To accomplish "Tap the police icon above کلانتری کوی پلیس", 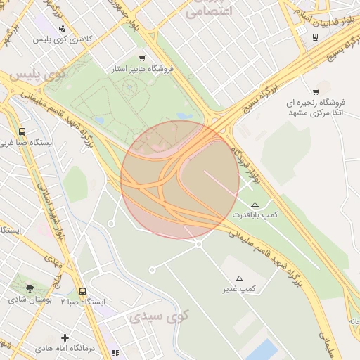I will tap(64, 29).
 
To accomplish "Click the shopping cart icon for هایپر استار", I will tap(143, 58).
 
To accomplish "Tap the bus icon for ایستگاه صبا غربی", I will tap(22, 131).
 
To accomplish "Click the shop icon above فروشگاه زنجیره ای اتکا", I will tap(316, 91).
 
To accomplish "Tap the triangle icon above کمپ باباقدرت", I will tap(255, 204).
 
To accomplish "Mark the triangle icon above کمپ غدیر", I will tap(239, 278).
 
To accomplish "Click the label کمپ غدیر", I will tap(239, 289).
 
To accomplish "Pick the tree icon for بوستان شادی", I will tap(30, 288).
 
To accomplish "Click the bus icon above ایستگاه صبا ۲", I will tap(83, 291).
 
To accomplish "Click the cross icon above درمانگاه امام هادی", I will tap(65, 338).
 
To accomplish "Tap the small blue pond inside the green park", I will tap(185, 116).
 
